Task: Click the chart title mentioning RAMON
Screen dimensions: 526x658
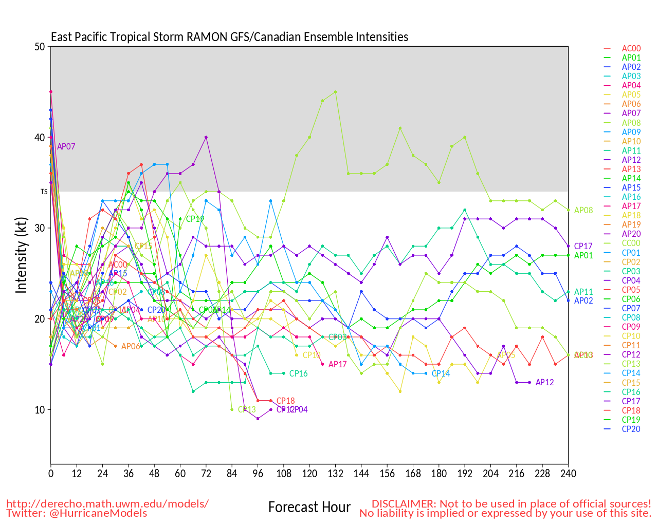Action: pyautogui.click(x=229, y=37)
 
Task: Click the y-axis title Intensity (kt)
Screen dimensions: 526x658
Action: pyautogui.click(x=21, y=255)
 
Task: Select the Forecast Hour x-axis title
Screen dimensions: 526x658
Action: pyautogui.click(x=309, y=508)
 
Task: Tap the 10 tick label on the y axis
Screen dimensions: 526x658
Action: pyautogui.click(x=40, y=410)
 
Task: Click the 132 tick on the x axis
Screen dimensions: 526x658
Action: pyautogui.click(x=335, y=474)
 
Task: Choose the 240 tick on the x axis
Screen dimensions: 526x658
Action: pyautogui.click(x=568, y=474)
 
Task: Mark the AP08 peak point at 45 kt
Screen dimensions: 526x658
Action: pyautogui.click(x=335, y=92)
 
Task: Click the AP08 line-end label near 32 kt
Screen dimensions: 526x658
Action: pyautogui.click(x=583, y=211)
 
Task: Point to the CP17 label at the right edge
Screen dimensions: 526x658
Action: pyautogui.click(x=583, y=247)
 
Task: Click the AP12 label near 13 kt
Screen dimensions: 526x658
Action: pyautogui.click(x=545, y=383)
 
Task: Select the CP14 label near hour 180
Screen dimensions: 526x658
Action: pyautogui.click(x=441, y=374)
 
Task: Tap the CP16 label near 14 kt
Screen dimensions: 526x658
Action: pyautogui.click(x=298, y=374)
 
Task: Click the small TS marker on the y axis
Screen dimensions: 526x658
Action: pyautogui.click(x=44, y=192)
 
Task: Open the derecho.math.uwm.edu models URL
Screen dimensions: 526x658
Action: pyautogui.click(x=107, y=503)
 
